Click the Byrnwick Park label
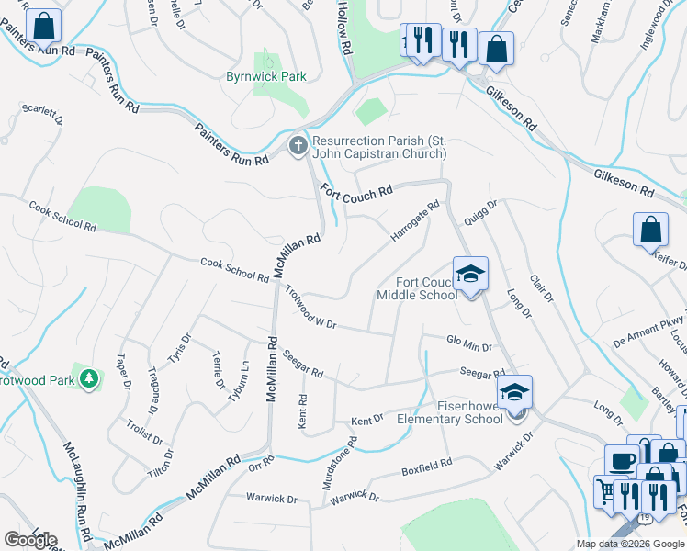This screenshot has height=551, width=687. [x=266, y=77]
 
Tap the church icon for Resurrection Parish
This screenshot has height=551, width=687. [x=298, y=146]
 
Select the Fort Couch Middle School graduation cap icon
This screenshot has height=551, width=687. [x=470, y=274]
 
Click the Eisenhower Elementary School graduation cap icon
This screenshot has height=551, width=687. [x=516, y=391]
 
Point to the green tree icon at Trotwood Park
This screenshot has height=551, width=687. [x=88, y=378]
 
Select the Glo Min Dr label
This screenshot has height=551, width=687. [x=468, y=343]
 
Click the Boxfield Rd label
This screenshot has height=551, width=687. [x=426, y=467]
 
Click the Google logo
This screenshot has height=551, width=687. [x=29, y=539]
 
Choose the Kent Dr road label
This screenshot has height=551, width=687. [x=366, y=420]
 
